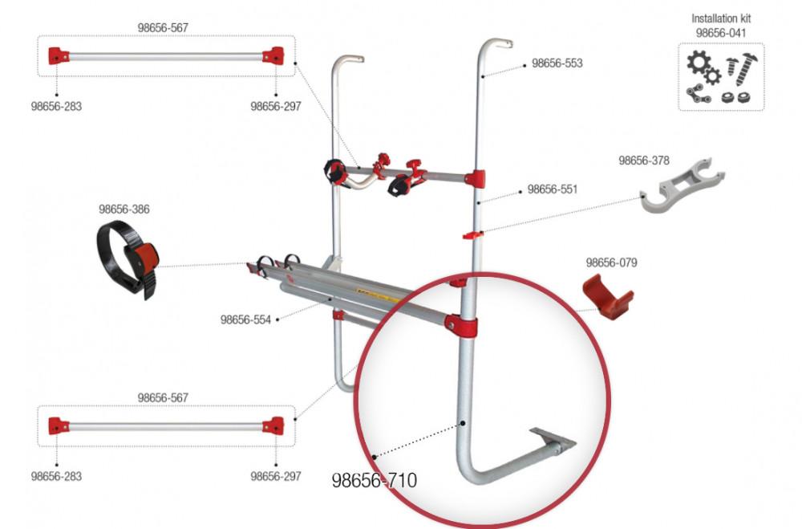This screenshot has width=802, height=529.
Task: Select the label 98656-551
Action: click(x=551, y=190)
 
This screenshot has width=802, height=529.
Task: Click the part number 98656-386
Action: click(x=124, y=210)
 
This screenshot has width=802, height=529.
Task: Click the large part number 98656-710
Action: click(x=375, y=481)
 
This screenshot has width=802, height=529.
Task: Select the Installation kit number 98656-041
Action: click(x=721, y=32)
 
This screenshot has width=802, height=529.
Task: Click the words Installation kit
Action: click(x=721, y=18)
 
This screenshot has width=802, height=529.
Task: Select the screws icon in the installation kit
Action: click(x=742, y=67)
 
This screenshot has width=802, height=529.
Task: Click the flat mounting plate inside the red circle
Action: click(x=557, y=440)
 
